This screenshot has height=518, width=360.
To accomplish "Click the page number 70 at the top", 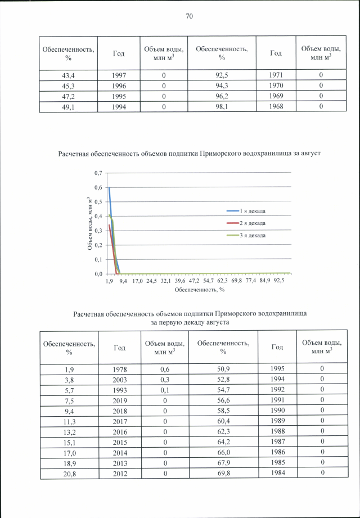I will (x=189, y=16).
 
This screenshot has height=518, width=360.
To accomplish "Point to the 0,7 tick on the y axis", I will (x=98, y=173).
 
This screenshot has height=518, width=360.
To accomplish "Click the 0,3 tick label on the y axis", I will (x=98, y=231).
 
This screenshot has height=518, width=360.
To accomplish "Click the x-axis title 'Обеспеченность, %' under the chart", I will (x=200, y=290).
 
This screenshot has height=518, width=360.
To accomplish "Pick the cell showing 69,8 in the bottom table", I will (x=223, y=472).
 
